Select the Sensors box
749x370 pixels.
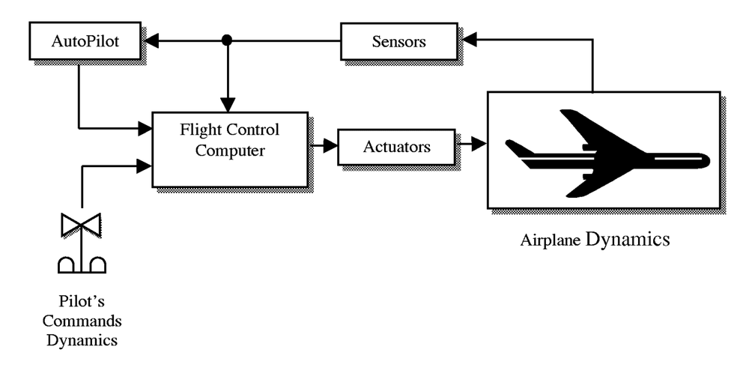(398, 41)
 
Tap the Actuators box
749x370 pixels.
(396, 147)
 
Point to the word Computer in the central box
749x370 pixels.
(228, 151)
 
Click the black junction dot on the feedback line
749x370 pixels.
(227, 40)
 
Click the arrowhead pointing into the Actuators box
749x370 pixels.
(330, 147)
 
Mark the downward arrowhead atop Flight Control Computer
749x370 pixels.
(227, 106)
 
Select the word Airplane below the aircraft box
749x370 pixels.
(552, 241)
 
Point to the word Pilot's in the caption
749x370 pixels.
(82, 303)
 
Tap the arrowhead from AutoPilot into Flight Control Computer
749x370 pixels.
(145, 129)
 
